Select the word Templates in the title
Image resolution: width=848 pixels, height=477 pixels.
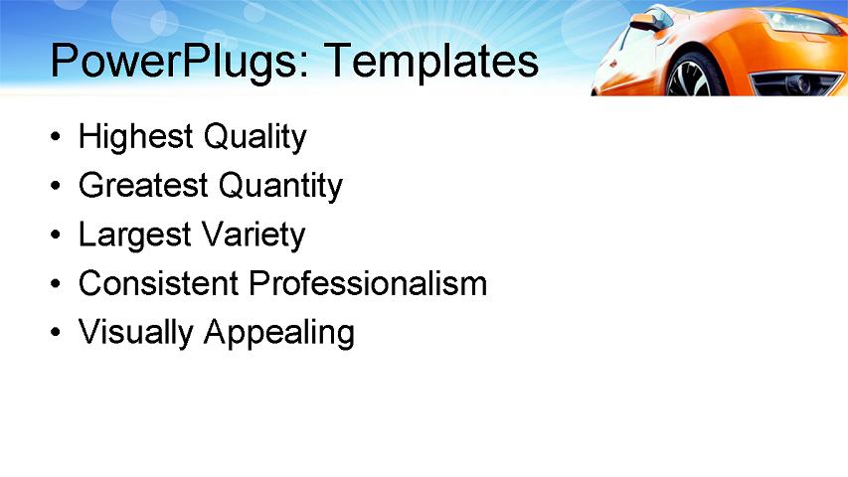(x=430, y=62)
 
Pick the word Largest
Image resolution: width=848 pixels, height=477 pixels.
(x=135, y=236)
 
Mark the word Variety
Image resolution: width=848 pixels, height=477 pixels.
(x=254, y=236)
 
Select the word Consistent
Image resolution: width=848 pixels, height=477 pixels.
(x=159, y=284)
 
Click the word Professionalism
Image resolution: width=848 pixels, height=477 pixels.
(x=368, y=284)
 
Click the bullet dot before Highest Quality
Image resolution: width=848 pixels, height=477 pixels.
(x=57, y=138)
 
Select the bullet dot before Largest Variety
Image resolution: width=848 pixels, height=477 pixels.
(x=57, y=237)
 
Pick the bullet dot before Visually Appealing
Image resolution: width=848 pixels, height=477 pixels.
(x=57, y=334)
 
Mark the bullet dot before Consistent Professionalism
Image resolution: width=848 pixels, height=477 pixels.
(x=57, y=285)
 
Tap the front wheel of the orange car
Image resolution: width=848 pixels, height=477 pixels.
(x=692, y=78)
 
